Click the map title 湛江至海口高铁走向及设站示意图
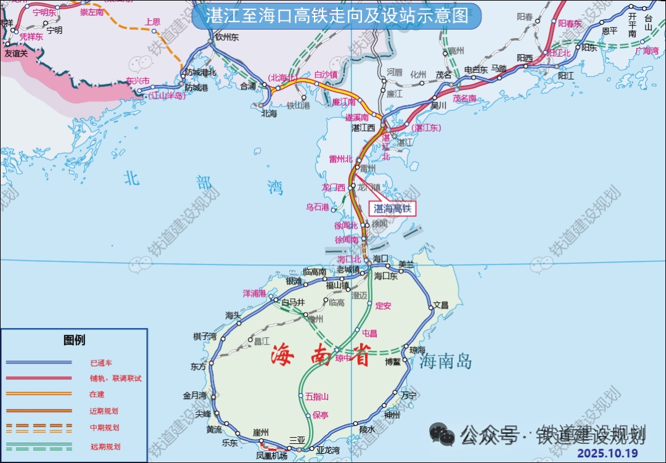(335, 16)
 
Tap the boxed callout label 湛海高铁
(392, 209)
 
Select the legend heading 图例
(74, 340)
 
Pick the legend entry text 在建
(97, 394)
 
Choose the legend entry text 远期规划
(105, 447)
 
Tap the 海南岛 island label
(446, 361)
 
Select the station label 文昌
(440, 305)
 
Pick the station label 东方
(199, 366)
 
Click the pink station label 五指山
(317, 396)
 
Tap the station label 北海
(269, 113)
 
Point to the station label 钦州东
(227, 38)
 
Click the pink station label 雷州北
(340, 159)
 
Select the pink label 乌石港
(318, 207)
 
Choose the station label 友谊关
(16, 54)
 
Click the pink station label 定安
(383, 305)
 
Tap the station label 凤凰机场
(271, 456)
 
